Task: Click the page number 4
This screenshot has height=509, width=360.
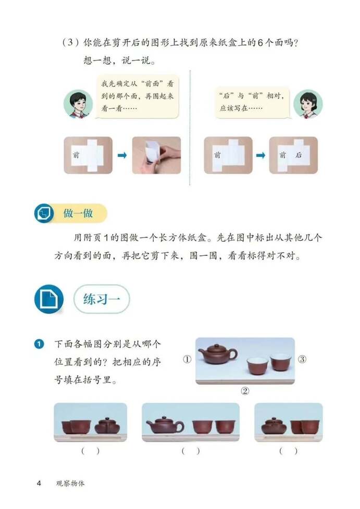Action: click(x=39, y=483)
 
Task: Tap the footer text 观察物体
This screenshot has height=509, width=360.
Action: click(x=70, y=483)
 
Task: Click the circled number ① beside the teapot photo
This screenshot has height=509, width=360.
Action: click(x=187, y=359)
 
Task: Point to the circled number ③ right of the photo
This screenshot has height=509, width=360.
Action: click(x=302, y=359)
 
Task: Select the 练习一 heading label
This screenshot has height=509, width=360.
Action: click(x=101, y=300)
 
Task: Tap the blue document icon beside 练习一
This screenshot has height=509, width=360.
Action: click(x=48, y=299)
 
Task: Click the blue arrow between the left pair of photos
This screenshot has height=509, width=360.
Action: click(x=122, y=155)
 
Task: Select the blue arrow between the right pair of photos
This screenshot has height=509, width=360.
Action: click(x=260, y=155)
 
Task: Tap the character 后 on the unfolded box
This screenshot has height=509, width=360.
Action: click(x=299, y=155)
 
